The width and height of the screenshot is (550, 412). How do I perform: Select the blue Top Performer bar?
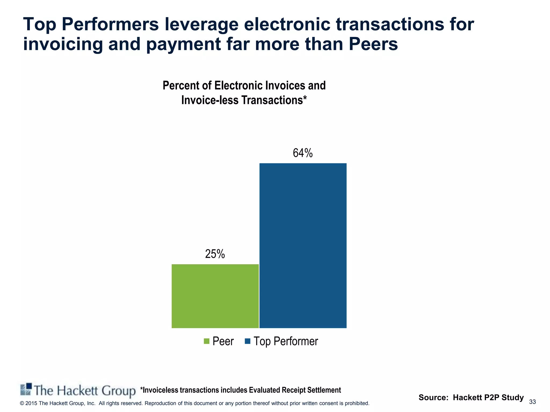(303, 245)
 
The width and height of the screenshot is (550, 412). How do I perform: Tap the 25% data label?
(215, 254)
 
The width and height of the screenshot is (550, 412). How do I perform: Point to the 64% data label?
(303, 153)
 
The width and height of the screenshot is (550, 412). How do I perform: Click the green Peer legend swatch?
(207, 341)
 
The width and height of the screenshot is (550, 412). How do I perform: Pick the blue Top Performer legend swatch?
(248, 341)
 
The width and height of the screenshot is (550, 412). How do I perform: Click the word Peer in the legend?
(223, 341)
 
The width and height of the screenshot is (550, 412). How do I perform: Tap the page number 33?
(532, 402)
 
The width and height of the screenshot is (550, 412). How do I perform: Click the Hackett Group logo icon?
(26, 389)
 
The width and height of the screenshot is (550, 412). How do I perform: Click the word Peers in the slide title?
(373, 44)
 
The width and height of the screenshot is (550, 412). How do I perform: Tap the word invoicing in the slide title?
(63, 44)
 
